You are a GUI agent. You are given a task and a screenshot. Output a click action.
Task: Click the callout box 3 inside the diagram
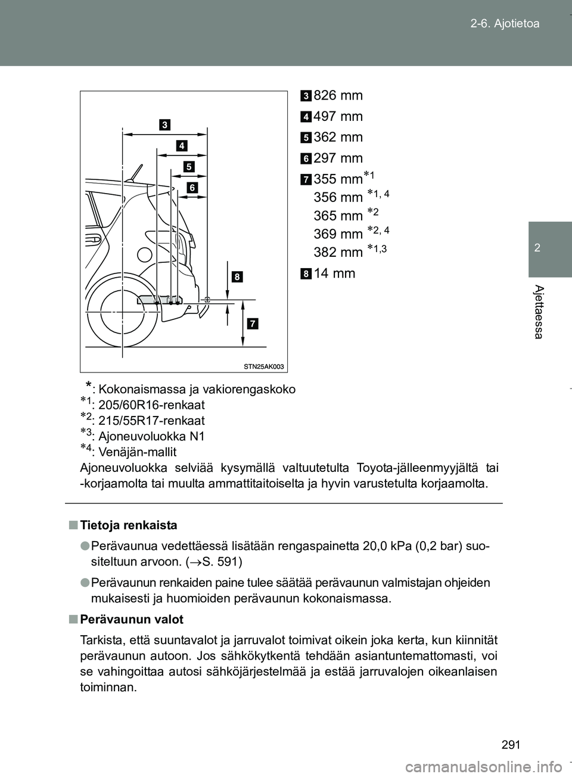pos(164,125)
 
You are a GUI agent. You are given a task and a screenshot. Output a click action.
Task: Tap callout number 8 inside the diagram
pos(237,276)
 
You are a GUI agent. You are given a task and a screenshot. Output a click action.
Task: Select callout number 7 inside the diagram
pos(253,324)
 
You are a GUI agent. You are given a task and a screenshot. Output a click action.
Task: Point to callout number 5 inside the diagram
pos(189,166)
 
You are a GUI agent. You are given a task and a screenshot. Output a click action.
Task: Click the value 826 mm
pos(338,95)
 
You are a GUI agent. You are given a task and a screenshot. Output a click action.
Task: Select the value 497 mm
pos(338,117)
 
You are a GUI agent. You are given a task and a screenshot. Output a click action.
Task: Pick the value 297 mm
pos(338,158)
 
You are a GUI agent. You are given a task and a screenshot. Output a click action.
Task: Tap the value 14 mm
pos(334,273)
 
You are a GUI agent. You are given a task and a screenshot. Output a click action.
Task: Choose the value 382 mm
pos(338,252)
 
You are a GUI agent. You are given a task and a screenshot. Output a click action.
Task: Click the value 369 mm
pos(338,234)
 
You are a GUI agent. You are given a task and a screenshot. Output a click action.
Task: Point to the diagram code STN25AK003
pos(263,366)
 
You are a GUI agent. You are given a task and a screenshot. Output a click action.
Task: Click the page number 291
pos(511,744)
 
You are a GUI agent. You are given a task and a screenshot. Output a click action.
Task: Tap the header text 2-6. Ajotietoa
pos(504,24)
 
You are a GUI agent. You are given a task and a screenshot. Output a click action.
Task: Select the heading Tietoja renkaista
pos(128,525)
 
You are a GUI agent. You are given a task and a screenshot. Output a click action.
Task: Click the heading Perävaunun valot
pos(131,619)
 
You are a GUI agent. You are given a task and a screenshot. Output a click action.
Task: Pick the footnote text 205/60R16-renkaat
pos(151,405)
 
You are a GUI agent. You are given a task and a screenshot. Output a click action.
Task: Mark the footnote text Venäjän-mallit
pos(137,452)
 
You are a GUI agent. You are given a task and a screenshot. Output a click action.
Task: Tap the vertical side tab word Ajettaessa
pos(538,312)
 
